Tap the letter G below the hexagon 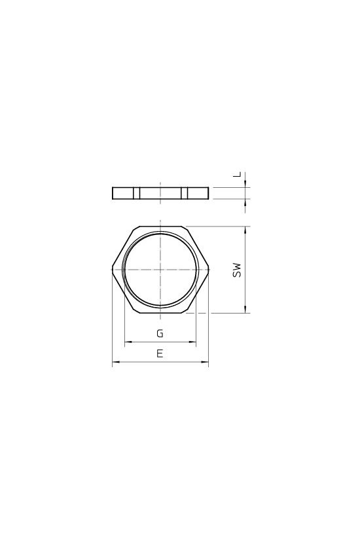click(x=160, y=333)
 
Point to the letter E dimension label click(x=160, y=353)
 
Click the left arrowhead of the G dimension click(x=127, y=342)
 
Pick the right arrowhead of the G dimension click(x=193, y=342)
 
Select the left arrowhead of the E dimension click(x=115, y=362)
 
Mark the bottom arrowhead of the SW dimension click(x=245, y=310)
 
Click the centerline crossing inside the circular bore click(x=160, y=270)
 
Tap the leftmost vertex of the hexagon click(x=112, y=270)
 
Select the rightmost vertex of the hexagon click(x=209, y=270)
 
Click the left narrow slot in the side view click(x=137, y=193)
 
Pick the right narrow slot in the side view click(x=185, y=193)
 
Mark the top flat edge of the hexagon click(x=160, y=226)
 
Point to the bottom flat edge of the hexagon click(x=160, y=314)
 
